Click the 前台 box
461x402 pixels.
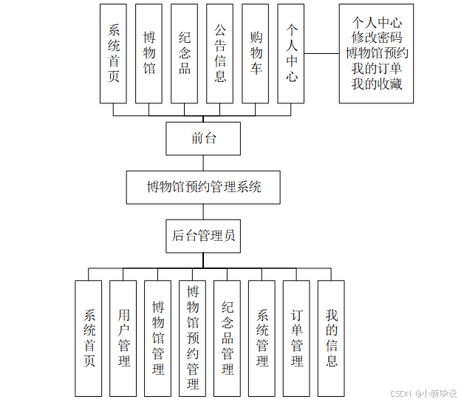[x=203, y=138]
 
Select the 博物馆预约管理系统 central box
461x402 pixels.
[x=203, y=187]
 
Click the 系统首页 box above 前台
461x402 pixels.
[x=114, y=53]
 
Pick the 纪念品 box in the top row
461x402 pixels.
[x=185, y=53]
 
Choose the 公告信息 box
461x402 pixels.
[x=220, y=53]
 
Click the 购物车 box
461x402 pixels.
[x=256, y=53]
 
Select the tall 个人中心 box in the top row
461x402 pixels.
[x=292, y=53]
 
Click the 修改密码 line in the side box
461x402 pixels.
[x=376, y=38]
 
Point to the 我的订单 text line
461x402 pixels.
[x=376, y=69]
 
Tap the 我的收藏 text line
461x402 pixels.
[x=376, y=84]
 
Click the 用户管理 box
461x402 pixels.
[x=123, y=338]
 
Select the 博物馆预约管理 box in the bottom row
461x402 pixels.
[x=193, y=338]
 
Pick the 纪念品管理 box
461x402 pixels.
[x=228, y=338]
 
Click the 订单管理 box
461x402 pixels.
[x=297, y=338]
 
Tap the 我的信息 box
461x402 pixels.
[x=332, y=338]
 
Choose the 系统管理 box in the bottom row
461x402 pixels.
[x=262, y=338]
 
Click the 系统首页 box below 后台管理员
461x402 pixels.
[x=89, y=338]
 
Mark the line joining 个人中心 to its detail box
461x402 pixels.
[x=322, y=53]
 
